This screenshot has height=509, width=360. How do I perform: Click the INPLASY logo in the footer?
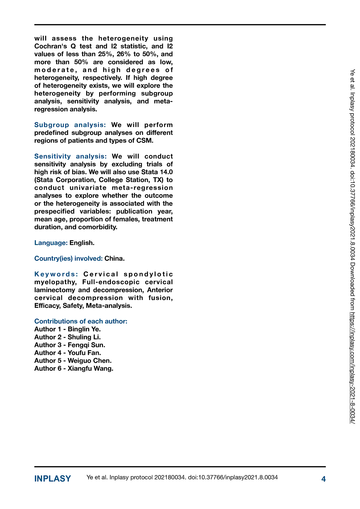click(53, 479)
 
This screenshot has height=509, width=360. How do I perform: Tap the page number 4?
click(324, 479)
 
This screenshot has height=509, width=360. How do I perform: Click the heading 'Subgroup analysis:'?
click(70, 125)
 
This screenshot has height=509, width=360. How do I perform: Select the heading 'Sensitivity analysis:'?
click(70, 156)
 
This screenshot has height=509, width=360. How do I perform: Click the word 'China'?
click(114, 258)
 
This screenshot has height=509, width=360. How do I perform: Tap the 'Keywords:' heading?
click(56, 274)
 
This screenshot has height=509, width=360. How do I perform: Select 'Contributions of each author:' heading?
click(81, 321)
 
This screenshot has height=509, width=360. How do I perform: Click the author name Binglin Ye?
click(84, 329)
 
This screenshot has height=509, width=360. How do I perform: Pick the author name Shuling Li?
click(84, 337)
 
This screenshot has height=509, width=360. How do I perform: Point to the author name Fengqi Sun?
click(86, 345)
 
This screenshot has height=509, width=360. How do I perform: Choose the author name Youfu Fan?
click(84, 353)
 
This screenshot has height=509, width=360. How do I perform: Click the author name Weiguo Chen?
click(89, 361)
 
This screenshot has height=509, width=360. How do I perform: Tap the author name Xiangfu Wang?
click(90, 368)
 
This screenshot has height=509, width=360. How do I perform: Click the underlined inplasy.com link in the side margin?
click(352, 368)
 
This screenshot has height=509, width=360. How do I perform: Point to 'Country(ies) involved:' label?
click(68, 258)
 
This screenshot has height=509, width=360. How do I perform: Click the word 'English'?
click(81, 243)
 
